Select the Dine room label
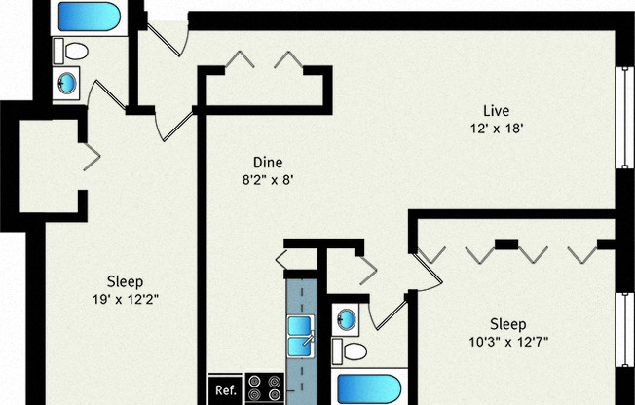(x=268, y=162)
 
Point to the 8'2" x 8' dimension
(x=268, y=179)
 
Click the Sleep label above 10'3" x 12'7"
(x=507, y=324)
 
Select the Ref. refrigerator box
(x=225, y=389)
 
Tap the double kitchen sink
(x=303, y=332)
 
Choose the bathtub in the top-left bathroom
(x=88, y=17)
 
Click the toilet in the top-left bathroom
(x=72, y=51)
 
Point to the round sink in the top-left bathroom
(x=68, y=84)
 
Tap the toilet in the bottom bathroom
(x=350, y=350)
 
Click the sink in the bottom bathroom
(x=344, y=318)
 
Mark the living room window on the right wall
(x=621, y=122)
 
